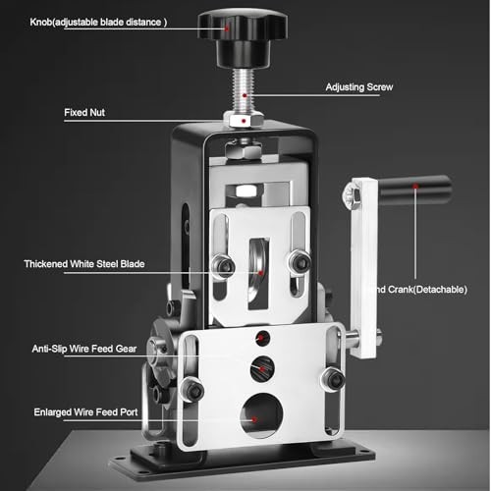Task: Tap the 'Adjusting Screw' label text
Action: (359, 87)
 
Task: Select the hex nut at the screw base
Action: (239, 118)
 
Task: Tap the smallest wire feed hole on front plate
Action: (258, 339)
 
